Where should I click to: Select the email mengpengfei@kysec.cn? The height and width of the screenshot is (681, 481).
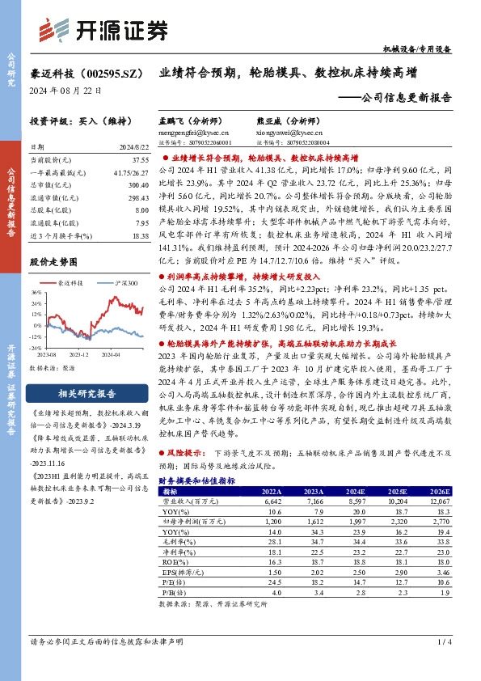[195, 132]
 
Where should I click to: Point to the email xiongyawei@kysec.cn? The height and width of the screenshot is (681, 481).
[281, 132]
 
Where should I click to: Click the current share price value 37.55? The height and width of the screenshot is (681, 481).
[135, 161]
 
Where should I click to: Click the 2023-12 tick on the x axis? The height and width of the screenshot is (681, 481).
[78, 353]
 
